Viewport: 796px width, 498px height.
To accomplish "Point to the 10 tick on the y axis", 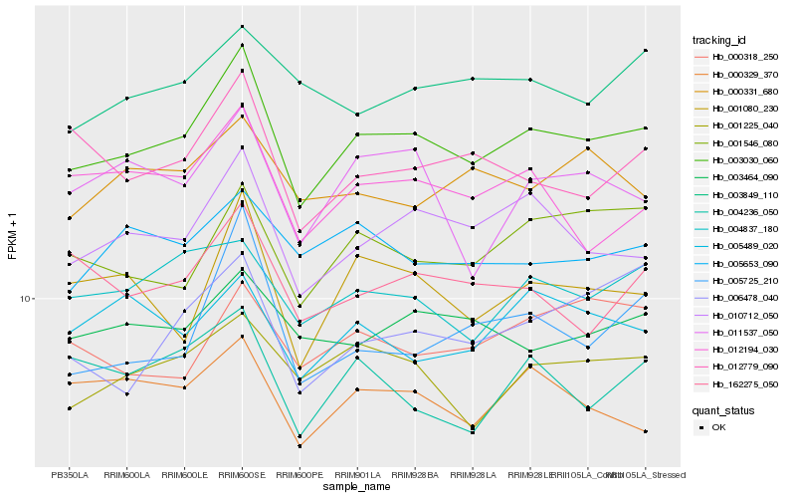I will click(x=28, y=299).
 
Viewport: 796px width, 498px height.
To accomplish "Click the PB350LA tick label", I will click(x=69, y=474).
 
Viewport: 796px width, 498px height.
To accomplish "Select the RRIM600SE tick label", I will click(x=242, y=474).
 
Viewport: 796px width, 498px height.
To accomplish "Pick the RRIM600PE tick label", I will click(x=299, y=474).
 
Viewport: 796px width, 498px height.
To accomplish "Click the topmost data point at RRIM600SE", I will click(x=242, y=27).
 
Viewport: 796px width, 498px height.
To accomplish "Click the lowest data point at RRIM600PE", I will click(x=299, y=446).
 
